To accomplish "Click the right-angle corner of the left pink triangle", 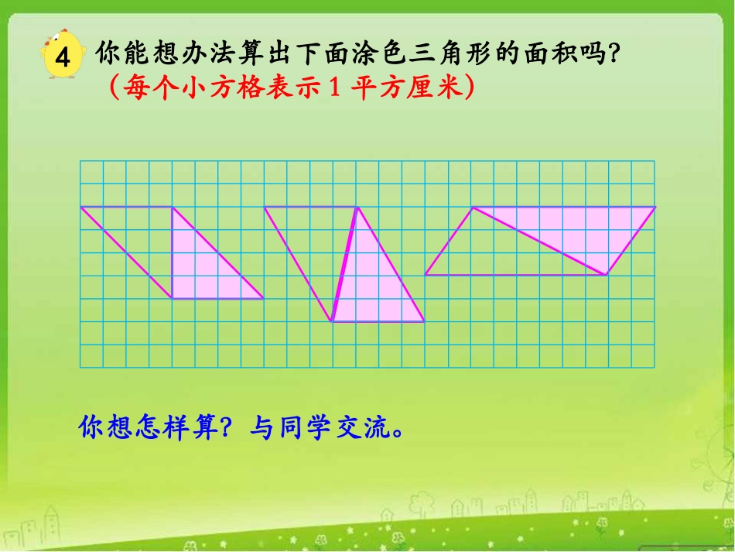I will tap(172, 298).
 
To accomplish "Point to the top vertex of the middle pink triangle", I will tap(357, 207).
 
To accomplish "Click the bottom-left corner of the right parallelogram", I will tap(426, 275).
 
